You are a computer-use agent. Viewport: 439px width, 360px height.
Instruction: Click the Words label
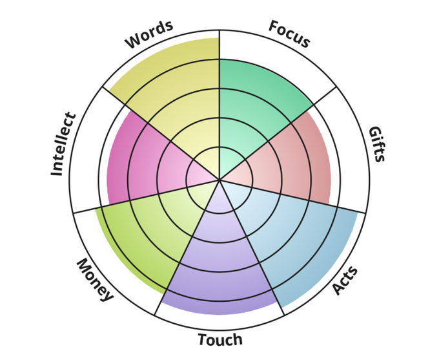pyautogui.click(x=149, y=35)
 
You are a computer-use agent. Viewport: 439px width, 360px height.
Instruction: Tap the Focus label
pyautogui.click(x=289, y=35)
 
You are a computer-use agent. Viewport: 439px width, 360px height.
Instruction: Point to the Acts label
pyautogui.click(x=345, y=280)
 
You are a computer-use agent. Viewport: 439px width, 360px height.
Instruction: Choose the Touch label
pyautogui.click(x=220, y=340)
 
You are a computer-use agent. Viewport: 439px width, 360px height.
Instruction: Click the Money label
pyautogui.click(x=95, y=279)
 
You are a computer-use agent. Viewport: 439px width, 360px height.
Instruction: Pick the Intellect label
pyautogui.click(x=63, y=144)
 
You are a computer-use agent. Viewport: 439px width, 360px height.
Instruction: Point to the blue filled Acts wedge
pyautogui.click(x=291, y=239)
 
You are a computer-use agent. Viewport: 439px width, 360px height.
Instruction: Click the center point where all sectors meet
pyautogui.click(x=219, y=180)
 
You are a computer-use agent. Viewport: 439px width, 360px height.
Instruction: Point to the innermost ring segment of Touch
pyautogui.click(x=219, y=197)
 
